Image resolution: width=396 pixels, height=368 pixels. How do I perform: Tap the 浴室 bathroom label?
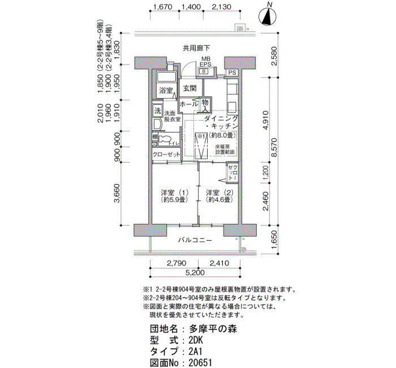coord(165,91)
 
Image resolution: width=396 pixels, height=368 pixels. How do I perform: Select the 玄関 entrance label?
coord(189,89)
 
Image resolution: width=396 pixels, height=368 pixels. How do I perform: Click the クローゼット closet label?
coord(166,154)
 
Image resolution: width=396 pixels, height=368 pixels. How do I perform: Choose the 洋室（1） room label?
coord(174,195)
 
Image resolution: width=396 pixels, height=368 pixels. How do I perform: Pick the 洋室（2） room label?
coord(218,195)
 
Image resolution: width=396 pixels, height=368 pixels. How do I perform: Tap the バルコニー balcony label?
coord(195,240)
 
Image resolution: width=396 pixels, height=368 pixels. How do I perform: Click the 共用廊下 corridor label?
coord(196,48)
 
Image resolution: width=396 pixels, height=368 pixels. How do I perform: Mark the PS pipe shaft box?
coord(232,73)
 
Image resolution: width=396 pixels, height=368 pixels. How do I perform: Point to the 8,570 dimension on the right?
coord(274,148)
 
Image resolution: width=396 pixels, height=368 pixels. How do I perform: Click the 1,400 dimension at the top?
coord(191,7)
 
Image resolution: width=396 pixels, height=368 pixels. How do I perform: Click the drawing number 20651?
coord(201,362)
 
